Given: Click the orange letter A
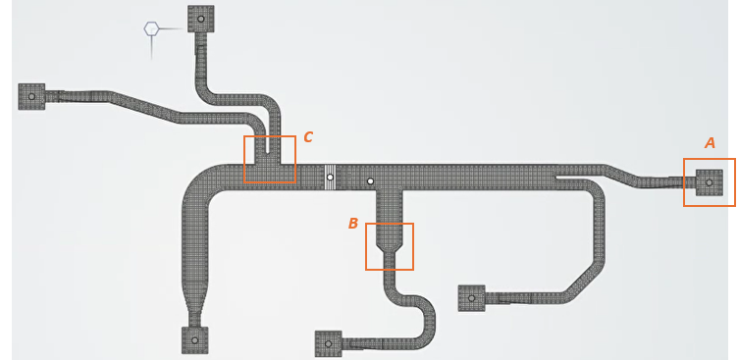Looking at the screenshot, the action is (x=711, y=143).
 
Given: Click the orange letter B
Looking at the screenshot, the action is (x=353, y=224).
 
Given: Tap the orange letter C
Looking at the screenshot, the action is (x=308, y=137).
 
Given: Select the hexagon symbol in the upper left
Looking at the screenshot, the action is (x=151, y=28).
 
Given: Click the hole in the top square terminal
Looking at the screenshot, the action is (x=200, y=18).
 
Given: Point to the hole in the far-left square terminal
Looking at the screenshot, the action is (x=31, y=96).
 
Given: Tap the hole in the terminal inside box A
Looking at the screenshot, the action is (x=709, y=182).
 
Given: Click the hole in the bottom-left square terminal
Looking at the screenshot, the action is (x=194, y=340).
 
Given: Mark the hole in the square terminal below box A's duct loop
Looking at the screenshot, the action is (x=471, y=297).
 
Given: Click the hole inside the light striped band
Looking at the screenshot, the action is (x=331, y=178).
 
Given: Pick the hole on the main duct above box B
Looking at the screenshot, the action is (x=370, y=181).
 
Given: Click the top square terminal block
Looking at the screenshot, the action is (x=200, y=18).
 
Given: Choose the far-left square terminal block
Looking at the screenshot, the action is (x=31, y=96).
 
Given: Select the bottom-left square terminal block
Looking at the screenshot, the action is (x=194, y=340).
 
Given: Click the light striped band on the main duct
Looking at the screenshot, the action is (x=331, y=178).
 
